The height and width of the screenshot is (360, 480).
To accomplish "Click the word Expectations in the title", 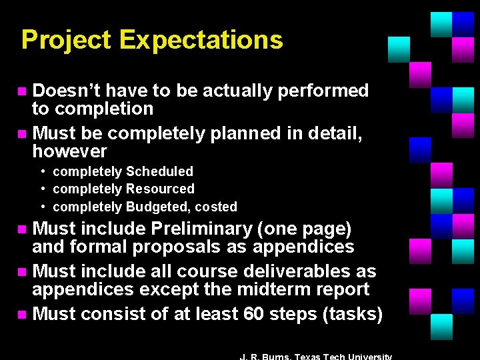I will [x=201, y=41].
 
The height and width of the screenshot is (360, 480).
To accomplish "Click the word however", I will [x=69, y=151].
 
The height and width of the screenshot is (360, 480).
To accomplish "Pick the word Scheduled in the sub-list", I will [x=161, y=172].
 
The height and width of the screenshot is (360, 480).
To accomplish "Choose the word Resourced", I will [x=162, y=189].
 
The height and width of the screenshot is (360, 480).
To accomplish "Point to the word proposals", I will [x=175, y=247].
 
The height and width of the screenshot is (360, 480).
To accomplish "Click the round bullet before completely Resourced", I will [x=43, y=189].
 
